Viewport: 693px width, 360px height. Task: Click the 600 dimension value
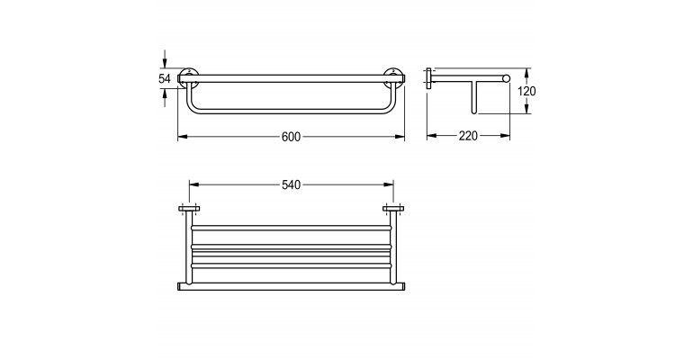click(x=291, y=137)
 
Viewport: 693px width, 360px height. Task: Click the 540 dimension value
click(x=291, y=184)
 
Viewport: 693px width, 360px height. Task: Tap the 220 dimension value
click(x=468, y=136)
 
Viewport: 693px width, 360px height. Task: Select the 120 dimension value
click(x=526, y=92)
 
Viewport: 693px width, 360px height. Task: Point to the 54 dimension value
click(x=165, y=79)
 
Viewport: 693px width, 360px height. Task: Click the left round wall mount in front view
click(x=189, y=77)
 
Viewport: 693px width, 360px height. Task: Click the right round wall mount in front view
click(x=393, y=77)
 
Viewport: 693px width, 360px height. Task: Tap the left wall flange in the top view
click(x=189, y=209)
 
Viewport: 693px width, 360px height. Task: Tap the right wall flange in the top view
click(x=393, y=209)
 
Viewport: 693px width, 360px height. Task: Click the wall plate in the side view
click(x=428, y=78)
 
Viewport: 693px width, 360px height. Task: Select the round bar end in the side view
click(x=506, y=78)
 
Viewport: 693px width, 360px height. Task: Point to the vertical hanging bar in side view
click(x=474, y=97)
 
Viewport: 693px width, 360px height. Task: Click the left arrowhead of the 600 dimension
click(x=182, y=137)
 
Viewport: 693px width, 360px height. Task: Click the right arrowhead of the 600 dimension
click(x=400, y=137)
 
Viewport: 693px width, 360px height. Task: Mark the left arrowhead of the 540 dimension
click(x=193, y=184)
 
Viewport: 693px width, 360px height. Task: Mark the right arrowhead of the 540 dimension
click(x=389, y=184)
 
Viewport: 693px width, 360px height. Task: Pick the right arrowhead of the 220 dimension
click(x=505, y=136)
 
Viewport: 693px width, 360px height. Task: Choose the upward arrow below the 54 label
click(x=165, y=96)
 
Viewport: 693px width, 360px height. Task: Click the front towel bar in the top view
click(x=291, y=286)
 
